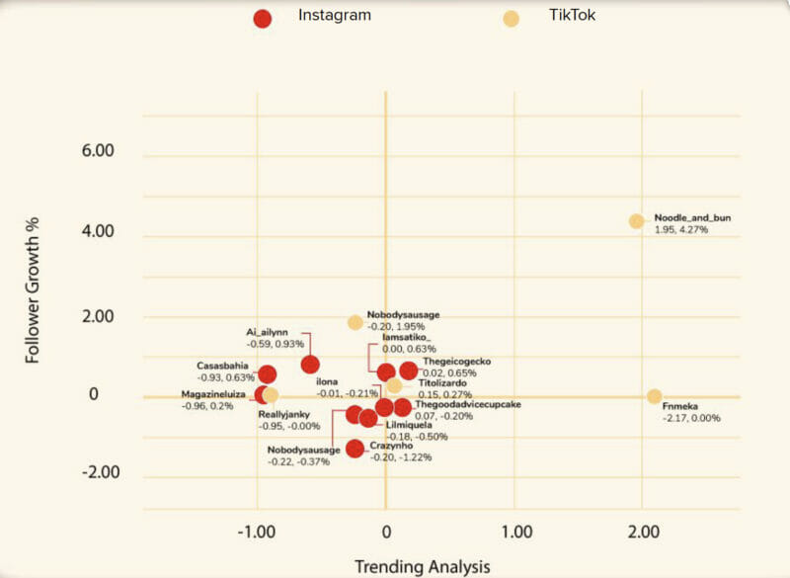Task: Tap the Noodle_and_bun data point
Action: [637, 221]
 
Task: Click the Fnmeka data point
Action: [654, 396]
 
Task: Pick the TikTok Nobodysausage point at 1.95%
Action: [355, 322]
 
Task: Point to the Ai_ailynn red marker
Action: [310, 365]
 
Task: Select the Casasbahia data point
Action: [267, 374]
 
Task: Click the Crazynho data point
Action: [355, 449]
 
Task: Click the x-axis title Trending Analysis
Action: [422, 566]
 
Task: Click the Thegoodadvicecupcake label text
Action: [467, 404]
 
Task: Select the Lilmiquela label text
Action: [417, 425]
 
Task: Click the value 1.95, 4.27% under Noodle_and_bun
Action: [681, 229]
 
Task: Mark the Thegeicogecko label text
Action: [456, 362]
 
